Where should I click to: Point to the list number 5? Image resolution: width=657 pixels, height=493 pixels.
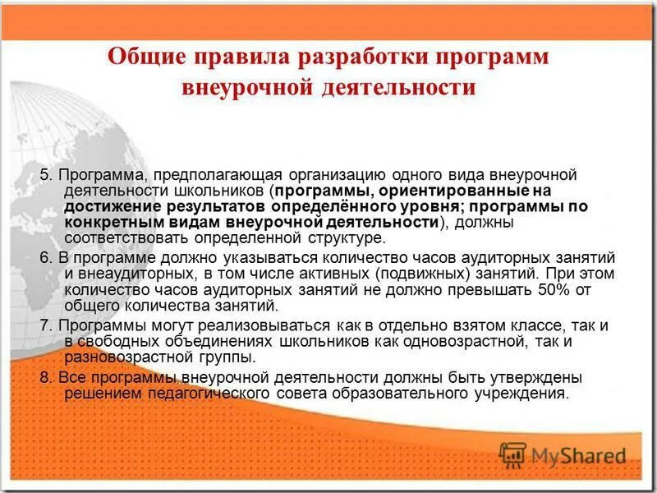click(45, 175)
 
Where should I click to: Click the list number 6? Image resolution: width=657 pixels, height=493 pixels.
click(45, 257)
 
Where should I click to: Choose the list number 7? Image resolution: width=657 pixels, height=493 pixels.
click(45, 325)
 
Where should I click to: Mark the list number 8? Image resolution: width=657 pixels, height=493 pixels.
click(45, 378)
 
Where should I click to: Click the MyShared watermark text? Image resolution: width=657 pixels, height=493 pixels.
click(578, 455)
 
